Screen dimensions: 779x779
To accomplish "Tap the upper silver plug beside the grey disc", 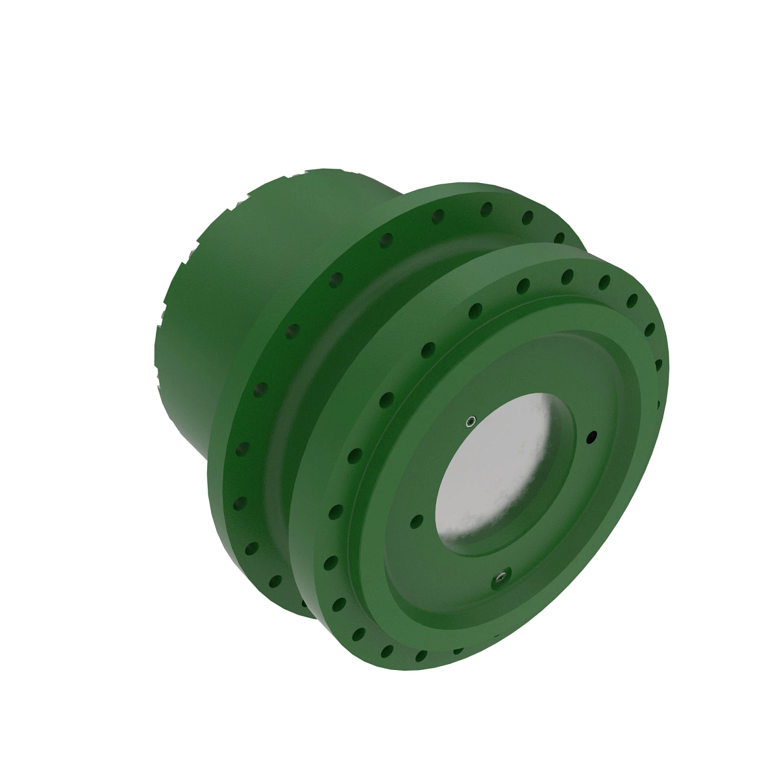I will [470, 422].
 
